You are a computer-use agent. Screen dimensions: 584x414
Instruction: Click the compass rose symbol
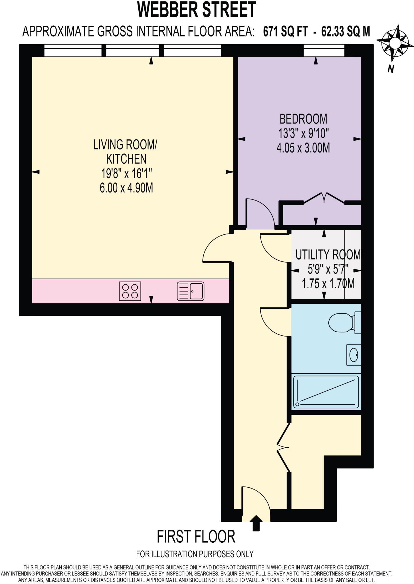(x=395, y=44)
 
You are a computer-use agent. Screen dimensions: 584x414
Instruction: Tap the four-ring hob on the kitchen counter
(x=130, y=291)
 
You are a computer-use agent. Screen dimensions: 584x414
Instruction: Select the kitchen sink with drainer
(x=191, y=291)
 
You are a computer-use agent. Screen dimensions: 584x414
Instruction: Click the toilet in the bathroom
(x=344, y=323)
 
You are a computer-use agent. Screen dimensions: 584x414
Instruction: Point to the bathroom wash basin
(x=354, y=355)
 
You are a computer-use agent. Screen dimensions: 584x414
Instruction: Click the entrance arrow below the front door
(x=256, y=523)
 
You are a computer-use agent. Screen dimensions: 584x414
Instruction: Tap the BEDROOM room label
(x=303, y=119)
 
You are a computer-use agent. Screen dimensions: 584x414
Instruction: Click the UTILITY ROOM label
(x=328, y=255)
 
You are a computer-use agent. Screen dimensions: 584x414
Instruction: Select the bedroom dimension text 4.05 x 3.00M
(x=303, y=148)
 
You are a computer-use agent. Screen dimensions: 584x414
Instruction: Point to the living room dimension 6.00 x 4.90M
(x=126, y=188)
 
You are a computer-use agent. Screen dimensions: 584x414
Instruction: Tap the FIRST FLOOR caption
(x=196, y=536)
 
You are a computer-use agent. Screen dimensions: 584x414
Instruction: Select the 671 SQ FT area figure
(x=285, y=31)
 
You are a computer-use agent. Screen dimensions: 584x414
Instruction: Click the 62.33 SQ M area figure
(x=346, y=31)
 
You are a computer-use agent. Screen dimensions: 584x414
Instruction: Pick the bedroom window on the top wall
(x=324, y=51)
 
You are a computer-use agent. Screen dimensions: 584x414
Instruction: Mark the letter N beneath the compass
(x=391, y=69)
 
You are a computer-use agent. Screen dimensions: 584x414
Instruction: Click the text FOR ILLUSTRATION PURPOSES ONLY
(x=195, y=554)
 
